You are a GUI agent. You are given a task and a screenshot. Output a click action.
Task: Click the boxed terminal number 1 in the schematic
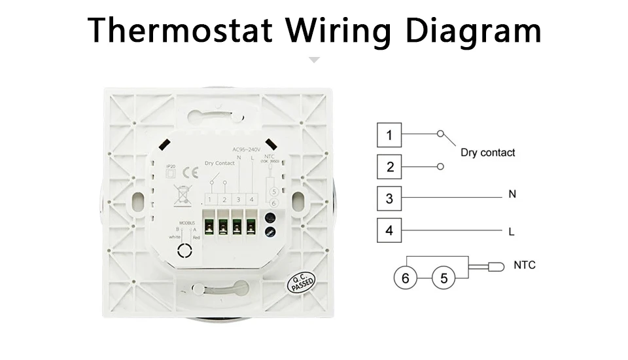(x=389, y=135)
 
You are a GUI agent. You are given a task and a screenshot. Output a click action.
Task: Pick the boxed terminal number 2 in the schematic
(x=389, y=166)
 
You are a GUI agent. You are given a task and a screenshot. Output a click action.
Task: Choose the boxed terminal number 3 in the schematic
(x=389, y=198)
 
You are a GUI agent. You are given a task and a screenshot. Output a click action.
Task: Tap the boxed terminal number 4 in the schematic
(x=389, y=230)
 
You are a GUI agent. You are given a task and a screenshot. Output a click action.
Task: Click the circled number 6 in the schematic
(x=406, y=278)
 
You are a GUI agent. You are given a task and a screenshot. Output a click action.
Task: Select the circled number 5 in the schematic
(x=444, y=278)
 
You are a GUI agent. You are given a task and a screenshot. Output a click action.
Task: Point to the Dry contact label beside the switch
(x=487, y=153)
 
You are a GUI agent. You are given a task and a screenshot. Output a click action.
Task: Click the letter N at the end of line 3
(x=512, y=194)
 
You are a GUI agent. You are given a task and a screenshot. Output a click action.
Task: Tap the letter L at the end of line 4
(x=512, y=232)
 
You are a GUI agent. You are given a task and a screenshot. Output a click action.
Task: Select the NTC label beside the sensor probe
(x=524, y=265)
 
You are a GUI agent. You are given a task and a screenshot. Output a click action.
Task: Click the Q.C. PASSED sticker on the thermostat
(x=301, y=283)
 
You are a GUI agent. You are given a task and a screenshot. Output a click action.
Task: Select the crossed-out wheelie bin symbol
(x=181, y=194)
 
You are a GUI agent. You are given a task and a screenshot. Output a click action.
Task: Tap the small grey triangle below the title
(x=314, y=60)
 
